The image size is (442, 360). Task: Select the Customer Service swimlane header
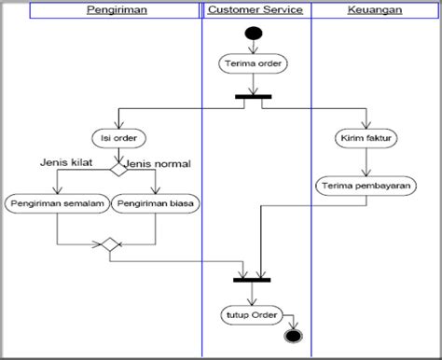(x=255, y=10)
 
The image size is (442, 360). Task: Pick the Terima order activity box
(x=253, y=64)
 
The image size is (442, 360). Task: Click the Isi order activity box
(x=117, y=138)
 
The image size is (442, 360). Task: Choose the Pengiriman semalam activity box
(x=56, y=201)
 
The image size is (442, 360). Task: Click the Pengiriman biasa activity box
(x=158, y=201)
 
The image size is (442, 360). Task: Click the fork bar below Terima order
(x=253, y=96)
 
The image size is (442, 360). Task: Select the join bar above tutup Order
(x=253, y=279)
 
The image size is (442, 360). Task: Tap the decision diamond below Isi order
(x=117, y=170)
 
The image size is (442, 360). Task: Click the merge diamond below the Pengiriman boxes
(x=109, y=245)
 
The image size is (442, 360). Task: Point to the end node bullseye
(x=295, y=333)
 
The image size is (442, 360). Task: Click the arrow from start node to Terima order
(x=253, y=48)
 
